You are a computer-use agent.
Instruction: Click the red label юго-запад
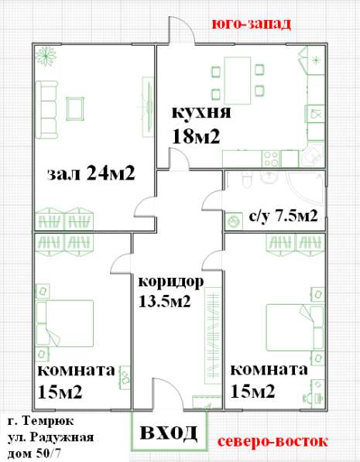point(252,24)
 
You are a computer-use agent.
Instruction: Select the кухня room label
point(201,114)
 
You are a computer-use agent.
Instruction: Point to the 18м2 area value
point(197,136)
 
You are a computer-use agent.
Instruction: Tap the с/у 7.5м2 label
point(283,214)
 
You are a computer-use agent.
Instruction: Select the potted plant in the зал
point(46,57)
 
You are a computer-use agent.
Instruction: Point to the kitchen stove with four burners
point(271,158)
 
